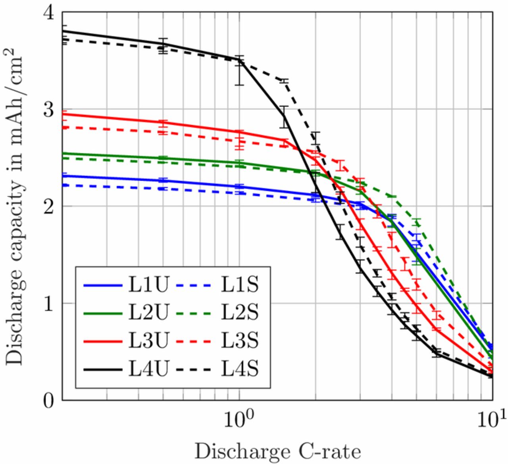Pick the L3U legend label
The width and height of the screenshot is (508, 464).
pyautogui.click(x=149, y=341)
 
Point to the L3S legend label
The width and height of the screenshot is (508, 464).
pyautogui.click(x=239, y=341)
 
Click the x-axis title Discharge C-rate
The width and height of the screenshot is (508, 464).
pyautogui.click(x=278, y=451)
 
